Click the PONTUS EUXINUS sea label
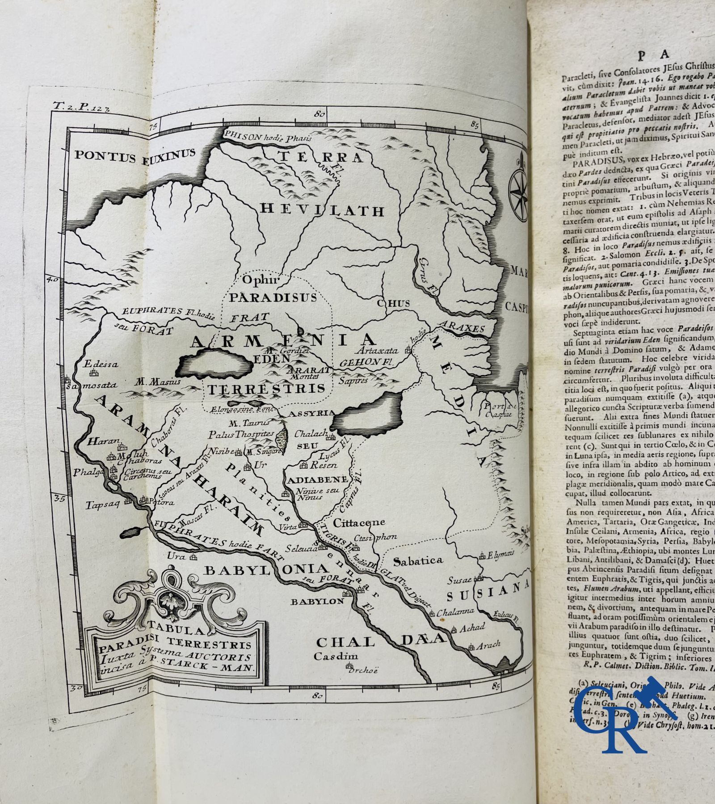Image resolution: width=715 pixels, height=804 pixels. pyautogui.click(x=135, y=155)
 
